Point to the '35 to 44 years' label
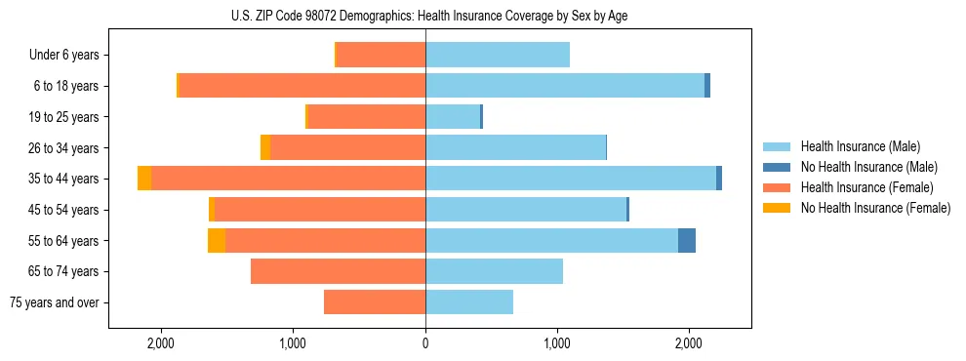[x=64, y=179]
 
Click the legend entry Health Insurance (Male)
[x=860, y=146]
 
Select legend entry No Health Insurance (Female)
[x=875, y=208]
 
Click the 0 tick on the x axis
[x=425, y=343]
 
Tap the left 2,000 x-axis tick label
[x=161, y=343]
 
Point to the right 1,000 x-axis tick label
[x=557, y=343]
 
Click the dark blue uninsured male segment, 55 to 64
[x=687, y=240]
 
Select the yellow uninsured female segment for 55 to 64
[x=217, y=240]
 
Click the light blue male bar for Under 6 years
[x=498, y=55]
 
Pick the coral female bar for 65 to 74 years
[x=338, y=271]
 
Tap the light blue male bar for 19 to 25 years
[x=453, y=117]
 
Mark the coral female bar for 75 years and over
[x=375, y=302]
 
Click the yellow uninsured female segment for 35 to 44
[x=144, y=179]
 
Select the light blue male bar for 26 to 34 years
[x=515, y=147]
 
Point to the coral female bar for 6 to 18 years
[x=302, y=86]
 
